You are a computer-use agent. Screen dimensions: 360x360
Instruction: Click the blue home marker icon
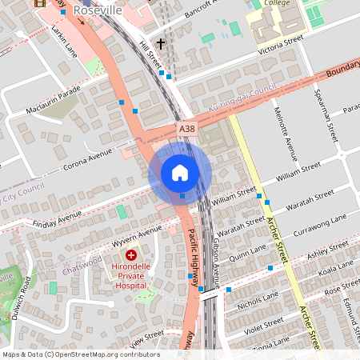[180, 172]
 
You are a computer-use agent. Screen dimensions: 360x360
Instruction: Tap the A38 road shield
[187, 128]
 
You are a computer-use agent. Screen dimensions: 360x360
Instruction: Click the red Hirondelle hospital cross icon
[131, 254]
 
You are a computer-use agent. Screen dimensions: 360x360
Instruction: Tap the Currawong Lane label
[323, 220]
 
